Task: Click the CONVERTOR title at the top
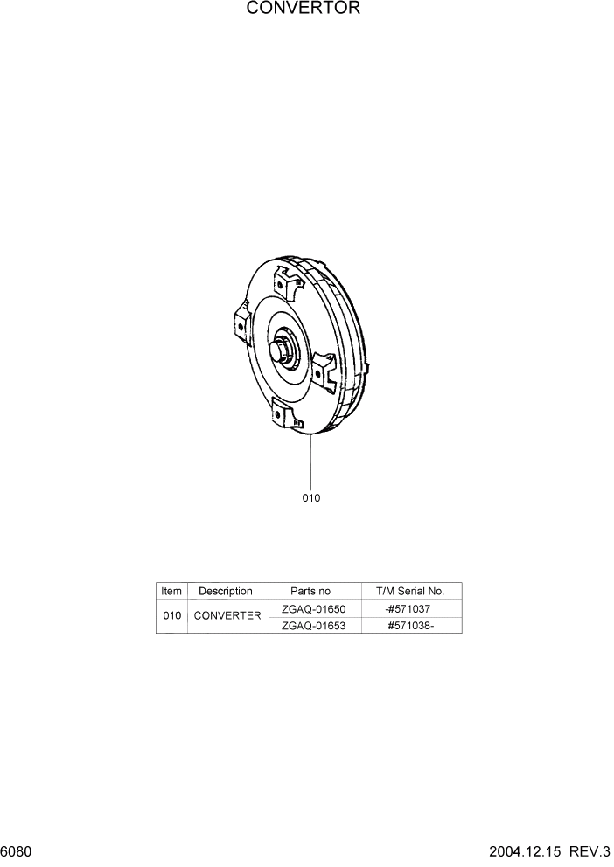tap(303, 9)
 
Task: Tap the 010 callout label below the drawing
tap(311, 498)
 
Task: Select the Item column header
tap(171, 592)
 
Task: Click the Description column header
tap(226, 592)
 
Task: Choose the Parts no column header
tap(310, 592)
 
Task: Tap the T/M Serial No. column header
tap(410, 592)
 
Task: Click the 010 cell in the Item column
tap(172, 616)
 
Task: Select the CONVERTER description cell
tap(227, 616)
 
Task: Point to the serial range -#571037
tap(408, 608)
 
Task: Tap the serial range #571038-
tap(410, 625)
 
